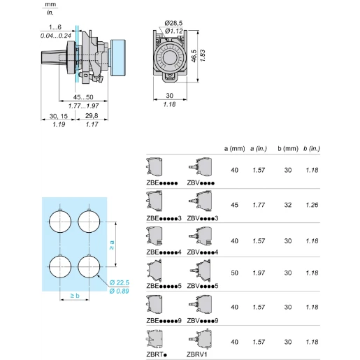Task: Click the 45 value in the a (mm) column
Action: click(x=233, y=206)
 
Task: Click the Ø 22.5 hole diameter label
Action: click(x=120, y=282)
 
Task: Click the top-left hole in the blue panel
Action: click(x=60, y=222)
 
